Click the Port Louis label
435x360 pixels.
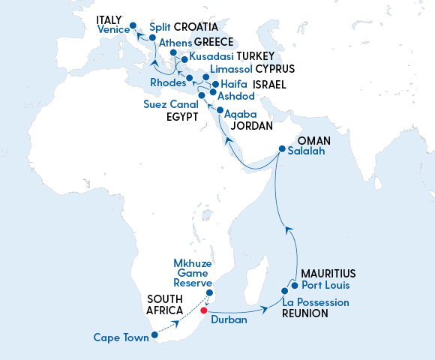[326, 286]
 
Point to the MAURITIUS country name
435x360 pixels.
[328, 273]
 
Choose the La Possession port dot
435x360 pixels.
[285, 290]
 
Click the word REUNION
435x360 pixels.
[304, 313]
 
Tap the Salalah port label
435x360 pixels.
[307, 151]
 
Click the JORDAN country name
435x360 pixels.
[250, 126]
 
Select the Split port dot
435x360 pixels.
[153, 37]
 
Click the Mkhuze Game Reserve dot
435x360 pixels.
[210, 292]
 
